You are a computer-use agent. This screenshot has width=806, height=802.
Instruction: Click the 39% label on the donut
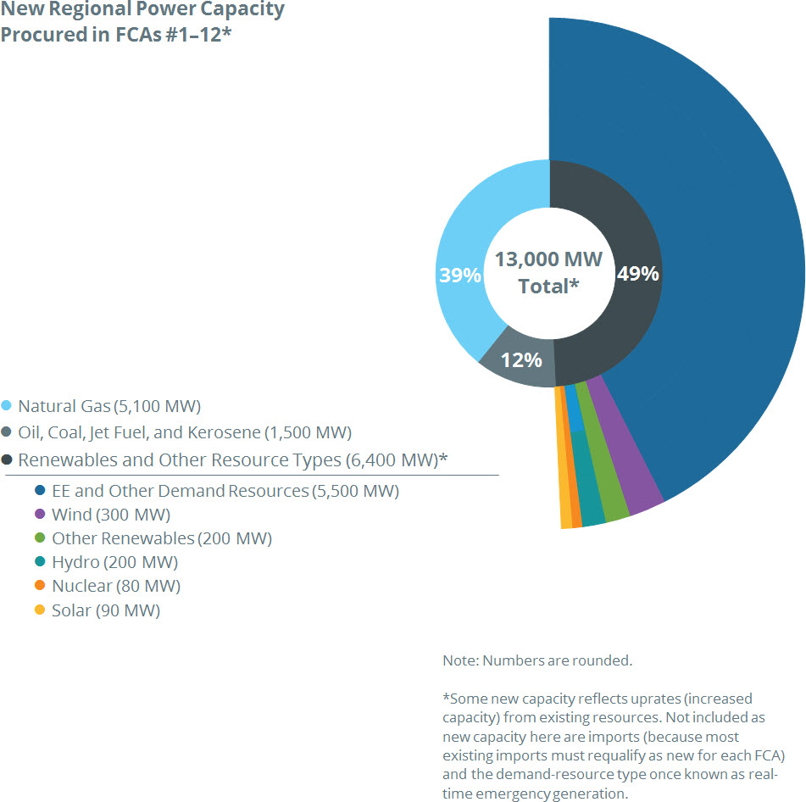460,276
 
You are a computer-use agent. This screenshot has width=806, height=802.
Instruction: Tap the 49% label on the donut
637,274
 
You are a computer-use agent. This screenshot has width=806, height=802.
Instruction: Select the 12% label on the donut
521,360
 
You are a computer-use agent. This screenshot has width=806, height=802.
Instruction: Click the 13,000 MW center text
548,259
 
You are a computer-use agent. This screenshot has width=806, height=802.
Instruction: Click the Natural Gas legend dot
7,406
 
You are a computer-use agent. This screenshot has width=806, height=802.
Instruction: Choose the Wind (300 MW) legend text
111,515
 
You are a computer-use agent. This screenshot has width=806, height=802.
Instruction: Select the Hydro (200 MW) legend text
114,562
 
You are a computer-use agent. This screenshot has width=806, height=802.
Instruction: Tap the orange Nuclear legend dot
39,586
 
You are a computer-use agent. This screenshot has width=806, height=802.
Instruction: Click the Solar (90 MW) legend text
106,610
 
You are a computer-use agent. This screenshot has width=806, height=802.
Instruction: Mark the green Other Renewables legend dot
39,538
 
